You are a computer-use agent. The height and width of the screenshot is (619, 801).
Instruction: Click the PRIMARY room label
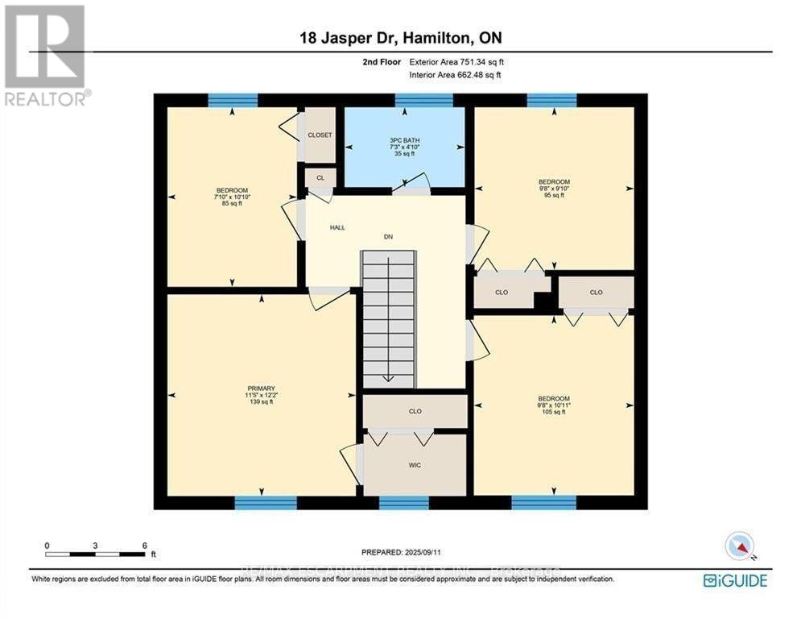pos(259,388)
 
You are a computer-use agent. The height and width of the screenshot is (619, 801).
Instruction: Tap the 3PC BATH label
pos(404,140)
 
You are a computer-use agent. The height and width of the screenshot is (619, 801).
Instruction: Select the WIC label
pos(415,465)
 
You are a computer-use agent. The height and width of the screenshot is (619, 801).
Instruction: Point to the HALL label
pos(337,227)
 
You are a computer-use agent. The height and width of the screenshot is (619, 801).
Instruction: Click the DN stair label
pos(387,237)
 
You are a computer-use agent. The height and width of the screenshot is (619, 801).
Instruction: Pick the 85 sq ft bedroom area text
pos(231,203)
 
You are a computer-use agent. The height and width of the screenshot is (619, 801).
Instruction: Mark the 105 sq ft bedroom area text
pos(554,412)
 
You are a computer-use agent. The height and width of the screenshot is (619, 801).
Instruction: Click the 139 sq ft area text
pos(259,401)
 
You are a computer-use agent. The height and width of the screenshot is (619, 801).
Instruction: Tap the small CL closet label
pos(320,177)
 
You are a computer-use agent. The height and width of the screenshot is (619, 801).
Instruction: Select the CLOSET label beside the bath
pos(320,135)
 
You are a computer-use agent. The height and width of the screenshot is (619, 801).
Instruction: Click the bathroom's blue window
pos(423,100)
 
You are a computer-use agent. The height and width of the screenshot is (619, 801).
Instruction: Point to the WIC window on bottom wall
pos(403,503)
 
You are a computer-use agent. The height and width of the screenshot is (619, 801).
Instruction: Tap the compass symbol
pos(738,546)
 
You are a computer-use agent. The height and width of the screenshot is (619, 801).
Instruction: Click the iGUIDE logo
pos(735,580)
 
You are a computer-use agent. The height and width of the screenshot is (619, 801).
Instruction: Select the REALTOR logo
pos(46,55)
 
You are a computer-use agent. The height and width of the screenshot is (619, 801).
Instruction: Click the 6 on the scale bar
pos(144,546)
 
